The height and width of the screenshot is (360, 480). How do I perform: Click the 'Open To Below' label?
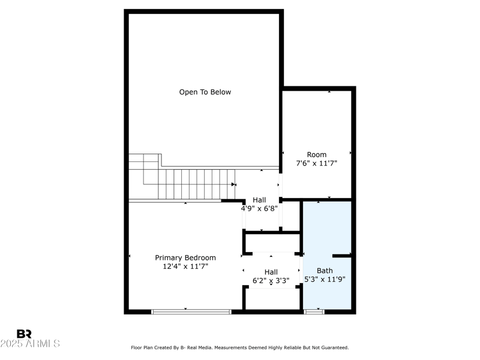tap(205, 92)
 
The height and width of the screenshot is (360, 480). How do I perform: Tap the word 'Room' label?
tap(317, 154)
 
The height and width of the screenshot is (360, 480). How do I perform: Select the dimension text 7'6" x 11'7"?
tap(317, 163)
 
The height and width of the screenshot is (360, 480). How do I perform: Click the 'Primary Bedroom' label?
tap(185, 257)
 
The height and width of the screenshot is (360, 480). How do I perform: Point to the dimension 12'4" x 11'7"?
tap(185, 266)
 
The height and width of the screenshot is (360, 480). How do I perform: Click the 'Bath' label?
tap(325, 271)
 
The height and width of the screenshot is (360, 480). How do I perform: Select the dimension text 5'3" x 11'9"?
tap(325, 279)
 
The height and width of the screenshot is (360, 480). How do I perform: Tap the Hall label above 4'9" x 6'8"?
tap(259, 200)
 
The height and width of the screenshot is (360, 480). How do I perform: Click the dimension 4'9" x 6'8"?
tap(259, 209)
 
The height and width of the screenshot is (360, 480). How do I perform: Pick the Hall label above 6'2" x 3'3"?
tap(271, 271)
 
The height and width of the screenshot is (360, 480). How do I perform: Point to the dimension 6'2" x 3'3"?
tap(271, 280)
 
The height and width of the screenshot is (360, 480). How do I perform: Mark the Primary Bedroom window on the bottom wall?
tap(191, 311)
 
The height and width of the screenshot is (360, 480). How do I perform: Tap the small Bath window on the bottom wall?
tap(314, 311)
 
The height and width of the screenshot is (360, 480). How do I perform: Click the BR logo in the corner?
tap(24, 334)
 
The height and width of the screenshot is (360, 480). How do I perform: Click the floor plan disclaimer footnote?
tap(239, 347)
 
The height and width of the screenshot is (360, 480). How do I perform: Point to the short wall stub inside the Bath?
tap(342, 256)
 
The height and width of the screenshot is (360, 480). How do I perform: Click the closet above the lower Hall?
tap(272, 242)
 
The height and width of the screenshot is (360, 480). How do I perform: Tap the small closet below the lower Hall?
tap(272, 299)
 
